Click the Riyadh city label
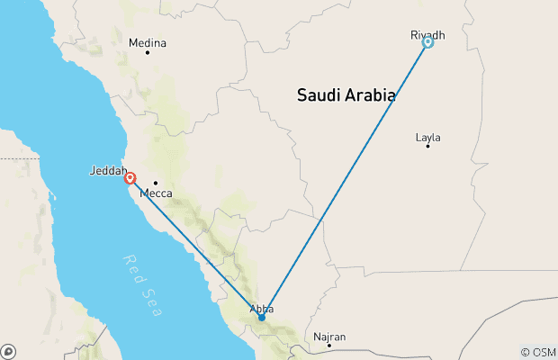427,34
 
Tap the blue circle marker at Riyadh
428,41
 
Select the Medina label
148,42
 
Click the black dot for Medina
148,52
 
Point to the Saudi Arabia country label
347,94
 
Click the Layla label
428,138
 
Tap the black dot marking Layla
427,146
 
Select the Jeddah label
108,170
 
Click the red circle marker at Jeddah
130,178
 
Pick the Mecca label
156,193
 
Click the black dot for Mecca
155,183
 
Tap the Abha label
260,310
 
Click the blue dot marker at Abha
261,317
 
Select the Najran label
329,337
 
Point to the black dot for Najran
329,345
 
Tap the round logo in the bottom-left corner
8,351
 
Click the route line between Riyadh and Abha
345,179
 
